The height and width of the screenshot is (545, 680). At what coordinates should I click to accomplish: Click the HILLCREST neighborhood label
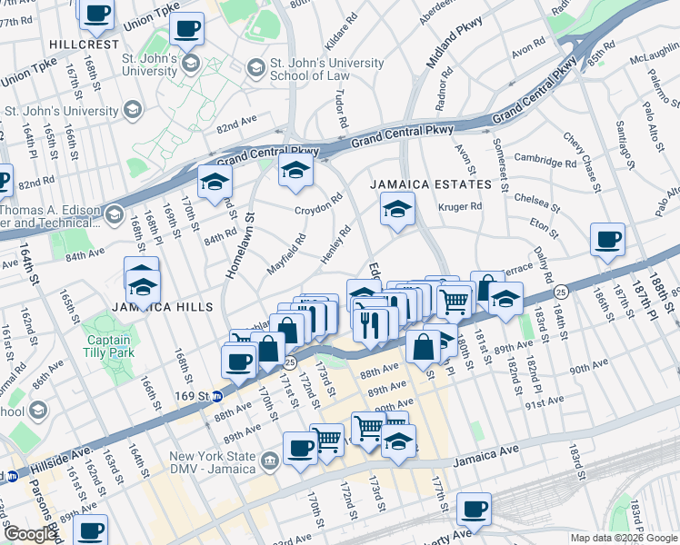tap(85, 44)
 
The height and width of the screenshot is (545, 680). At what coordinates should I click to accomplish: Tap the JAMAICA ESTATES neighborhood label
tap(430, 184)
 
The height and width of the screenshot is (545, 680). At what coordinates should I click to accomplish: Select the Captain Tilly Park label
tap(108, 347)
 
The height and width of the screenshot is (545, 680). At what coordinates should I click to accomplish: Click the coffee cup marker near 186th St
tap(607, 241)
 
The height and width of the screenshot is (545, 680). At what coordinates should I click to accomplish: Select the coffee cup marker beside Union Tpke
tap(188, 30)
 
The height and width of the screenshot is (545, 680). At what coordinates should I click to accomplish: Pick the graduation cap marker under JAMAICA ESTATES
tap(397, 211)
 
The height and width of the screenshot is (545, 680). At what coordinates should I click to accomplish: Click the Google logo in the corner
tap(31, 534)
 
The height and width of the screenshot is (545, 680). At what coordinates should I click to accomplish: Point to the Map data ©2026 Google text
tap(623, 538)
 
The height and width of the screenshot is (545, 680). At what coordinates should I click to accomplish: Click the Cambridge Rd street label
tap(545, 163)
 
